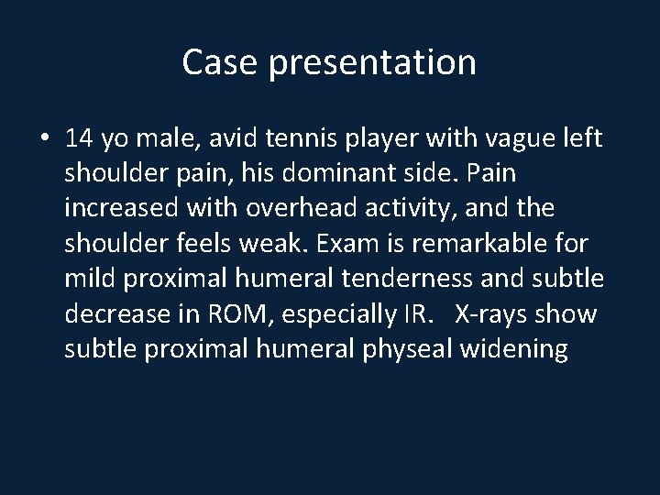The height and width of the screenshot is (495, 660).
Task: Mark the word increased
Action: click(121, 207)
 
